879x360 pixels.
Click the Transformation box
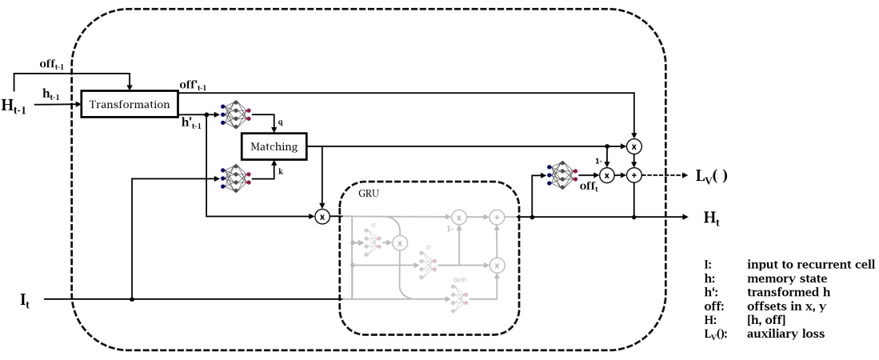pyautogui.click(x=130, y=105)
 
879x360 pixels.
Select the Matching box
pyautogui.click(x=274, y=146)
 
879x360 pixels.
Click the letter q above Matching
pyautogui.click(x=280, y=123)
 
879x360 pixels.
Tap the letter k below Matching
pyautogui.click(x=280, y=170)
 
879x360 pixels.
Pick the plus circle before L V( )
pyautogui.click(x=633, y=174)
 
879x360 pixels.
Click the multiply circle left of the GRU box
pyautogui.click(x=322, y=217)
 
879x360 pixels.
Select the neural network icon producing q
pyautogui.click(x=234, y=114)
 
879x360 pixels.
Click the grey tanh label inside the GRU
pyautogui.click(x=459, y=280)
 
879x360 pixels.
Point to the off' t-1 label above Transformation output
pyautogui.click(x=195, y=83)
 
